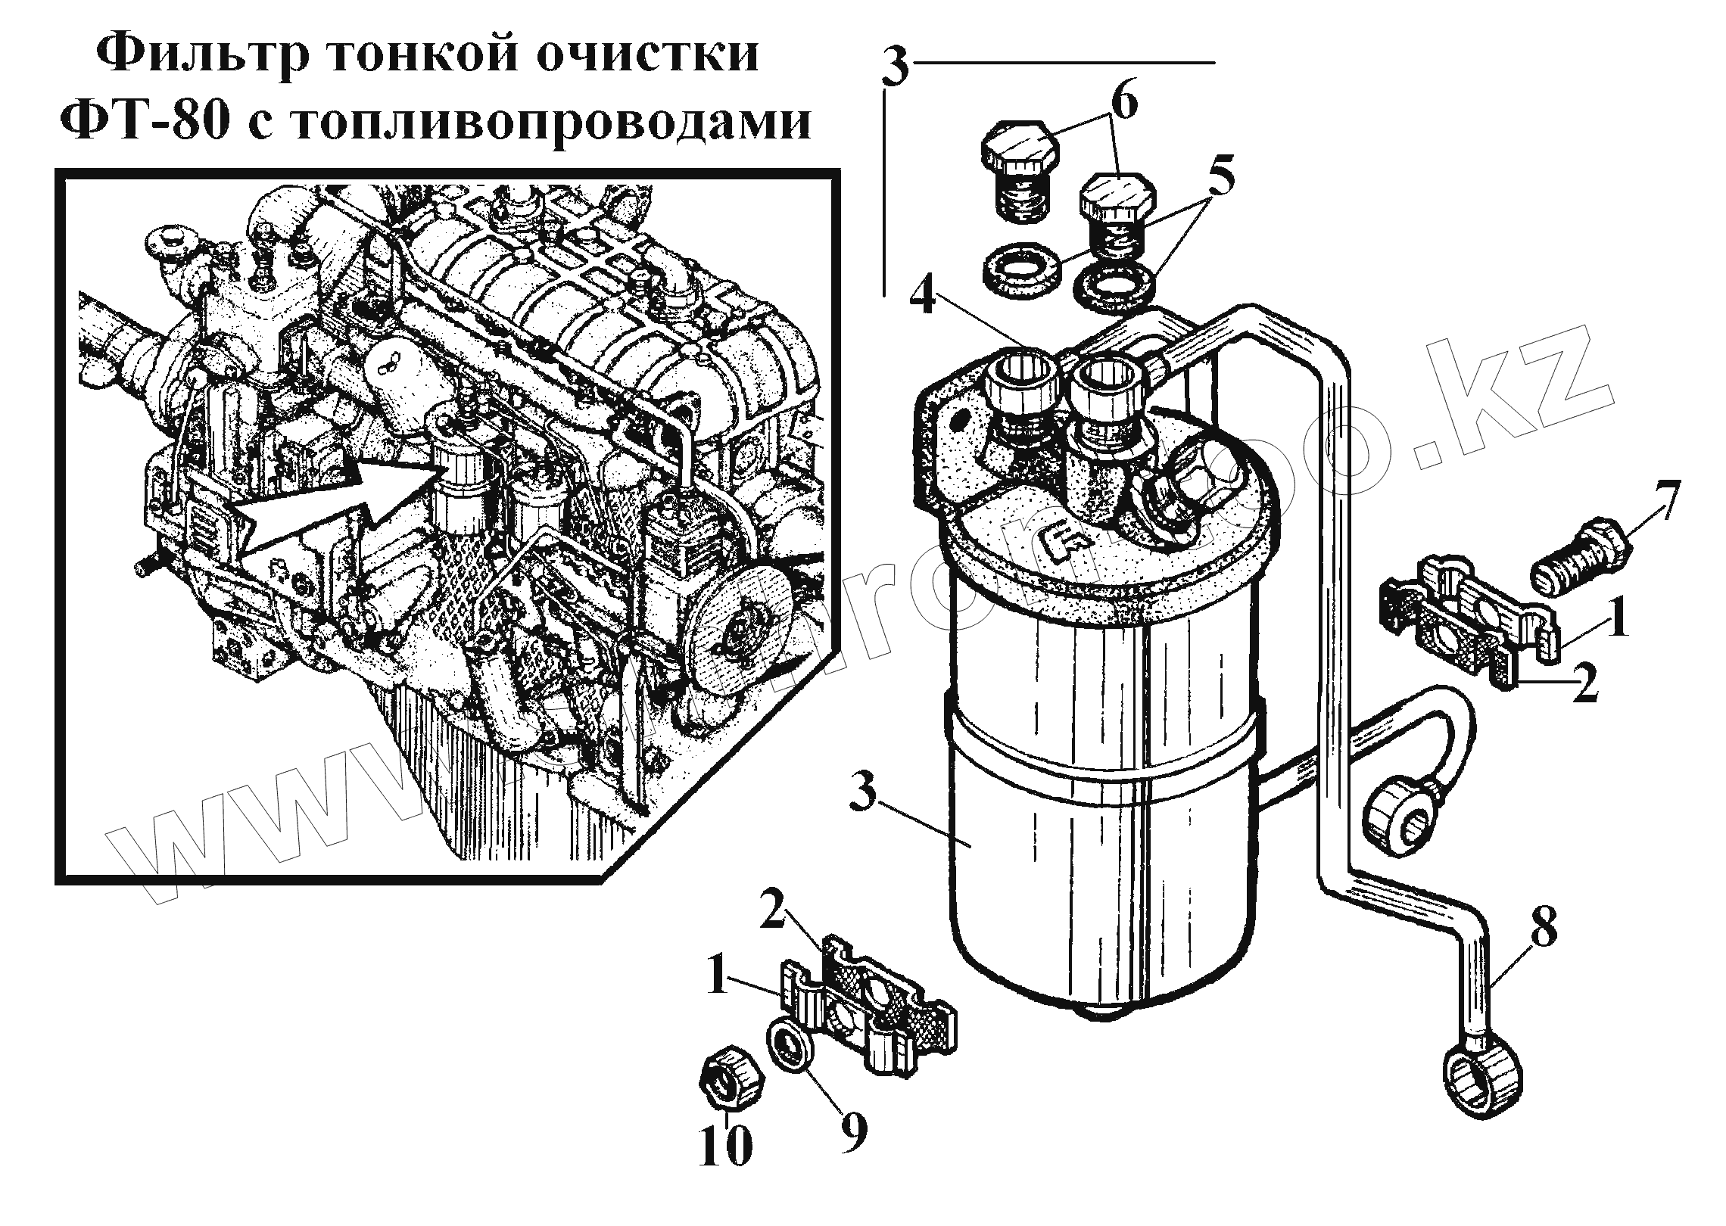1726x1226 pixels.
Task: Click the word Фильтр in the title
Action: pyautogui.click(x=204, y=54)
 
